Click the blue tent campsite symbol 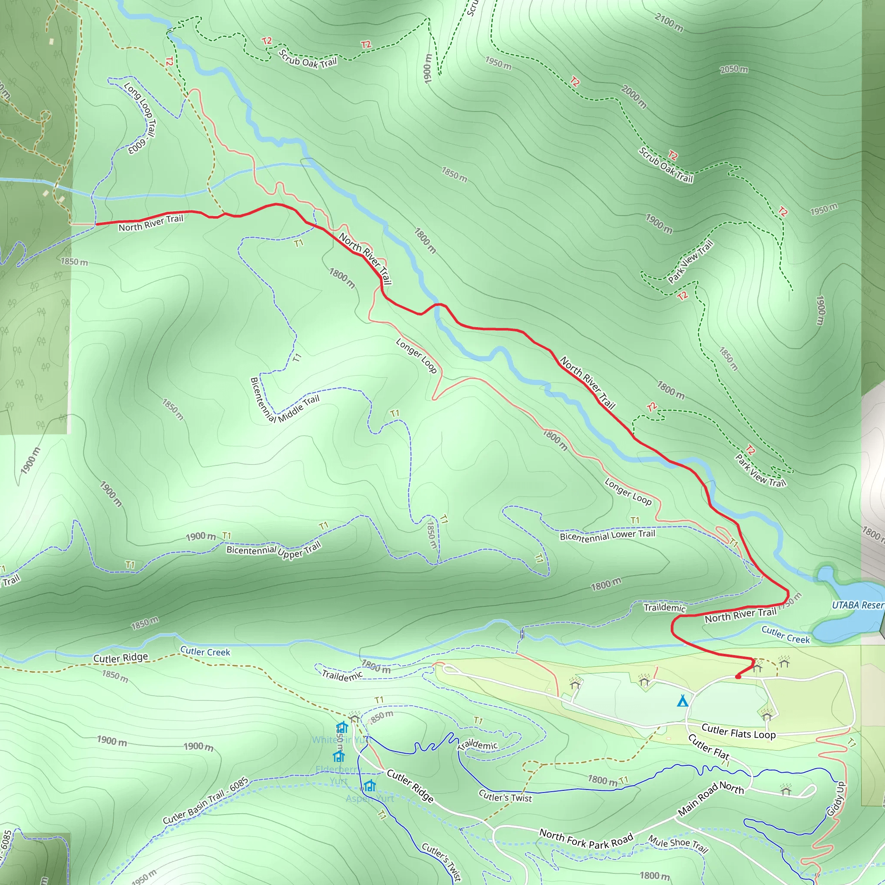click(682, 701)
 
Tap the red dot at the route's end click(738, 677)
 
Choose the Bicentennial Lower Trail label click(608, 535)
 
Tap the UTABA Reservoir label click(857, 605)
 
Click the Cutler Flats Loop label click(739, 732)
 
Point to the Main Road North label click(710, 799)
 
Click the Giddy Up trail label click(836, 799)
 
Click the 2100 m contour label click(669, 22)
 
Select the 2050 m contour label click(734, 69)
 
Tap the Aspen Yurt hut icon click(369, 786)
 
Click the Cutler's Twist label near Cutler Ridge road click(505, 796)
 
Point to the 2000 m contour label click(634, 97)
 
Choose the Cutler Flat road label click(709, 746)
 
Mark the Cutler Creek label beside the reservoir click(786, 635)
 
